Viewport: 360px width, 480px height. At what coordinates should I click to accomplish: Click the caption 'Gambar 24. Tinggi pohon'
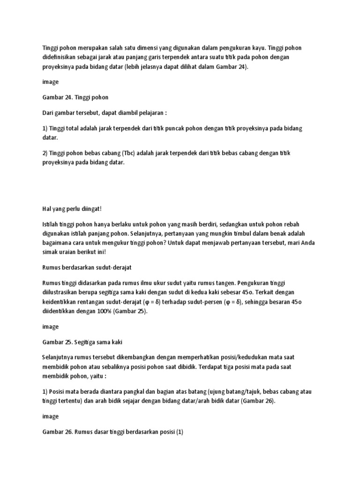tap(75, 98)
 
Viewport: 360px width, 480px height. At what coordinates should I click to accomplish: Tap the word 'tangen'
tap(222, 283)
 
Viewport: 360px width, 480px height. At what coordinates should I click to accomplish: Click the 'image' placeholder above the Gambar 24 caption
tap(50, 82)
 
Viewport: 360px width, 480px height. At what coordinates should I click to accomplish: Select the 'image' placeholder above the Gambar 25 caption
tap(50, 326)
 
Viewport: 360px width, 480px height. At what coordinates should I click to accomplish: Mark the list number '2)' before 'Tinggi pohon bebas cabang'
tap(45, 153)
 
